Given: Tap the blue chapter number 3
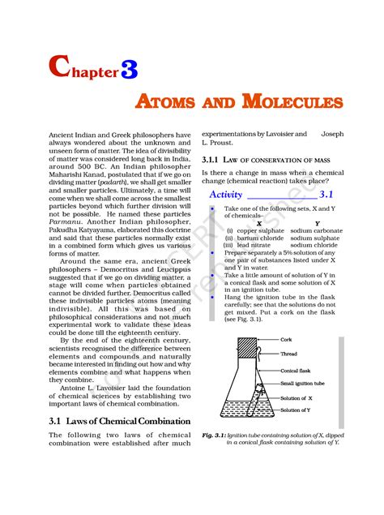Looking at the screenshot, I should pos(129,71).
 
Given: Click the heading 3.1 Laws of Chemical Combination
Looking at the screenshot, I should pos(120,421).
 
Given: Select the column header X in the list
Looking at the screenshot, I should pos(258,223).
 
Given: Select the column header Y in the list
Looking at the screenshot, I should pos(317,223).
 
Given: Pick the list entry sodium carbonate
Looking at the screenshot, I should pos(317,231).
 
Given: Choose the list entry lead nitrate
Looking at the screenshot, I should pos(254,246).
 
